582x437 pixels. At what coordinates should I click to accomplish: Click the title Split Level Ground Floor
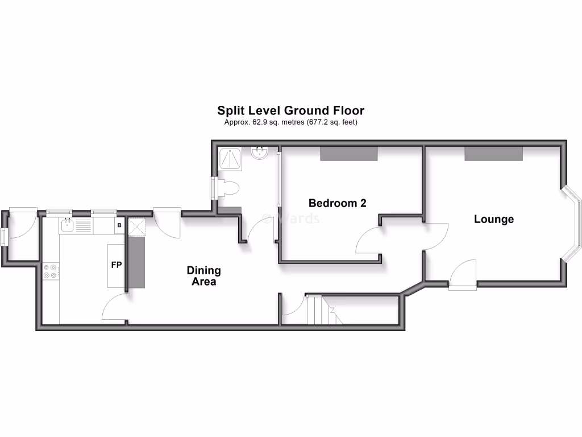pyautogui.click(x=290, y=110)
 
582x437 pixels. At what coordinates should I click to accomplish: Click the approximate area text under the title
pyautogui.click(x=290, y=122)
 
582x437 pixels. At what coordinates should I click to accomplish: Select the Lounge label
pyautogui.click(x=493, y=219)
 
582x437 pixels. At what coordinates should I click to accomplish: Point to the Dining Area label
pyautogui.click(x=204, y=276)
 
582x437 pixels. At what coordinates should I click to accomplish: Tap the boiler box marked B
pyautogui.click(x=119, y=226)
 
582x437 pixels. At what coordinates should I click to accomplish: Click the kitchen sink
pyautogui.click(x=67, y=226)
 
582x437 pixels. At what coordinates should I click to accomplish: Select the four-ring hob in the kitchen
pyautogui.click(x=50, y=271)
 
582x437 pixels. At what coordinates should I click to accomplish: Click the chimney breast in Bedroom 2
pyautogui.click(x=349, y=153)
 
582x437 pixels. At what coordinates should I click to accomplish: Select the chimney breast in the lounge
pyautogui.click(x=493, y=153)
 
